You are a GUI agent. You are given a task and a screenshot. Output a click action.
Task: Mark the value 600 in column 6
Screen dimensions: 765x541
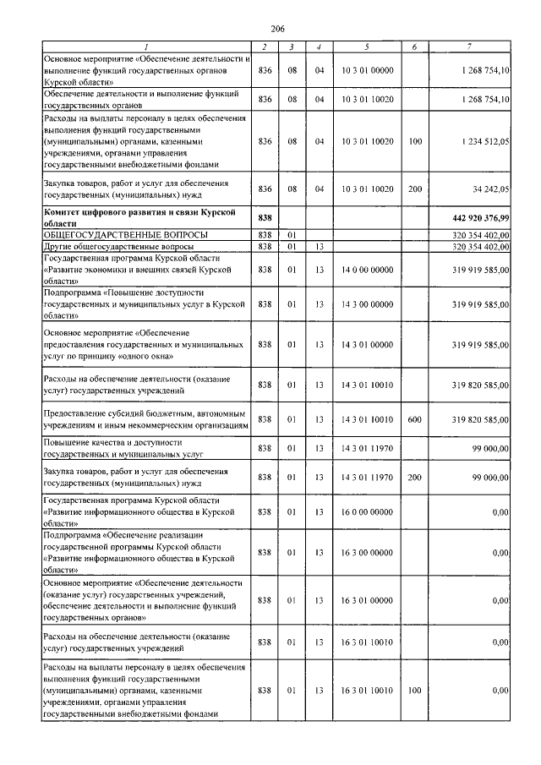point(414,418)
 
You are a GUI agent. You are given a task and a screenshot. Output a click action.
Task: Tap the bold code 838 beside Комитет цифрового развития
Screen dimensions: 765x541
point(265,217)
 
